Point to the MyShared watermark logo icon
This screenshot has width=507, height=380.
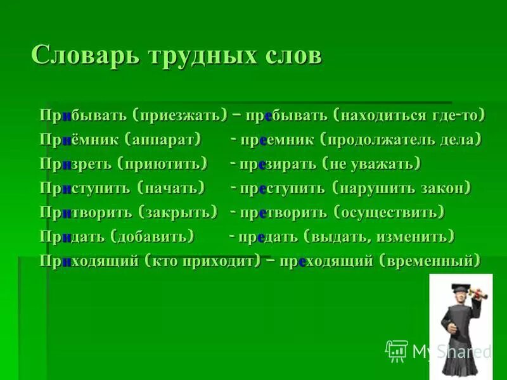coord(396,350)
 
